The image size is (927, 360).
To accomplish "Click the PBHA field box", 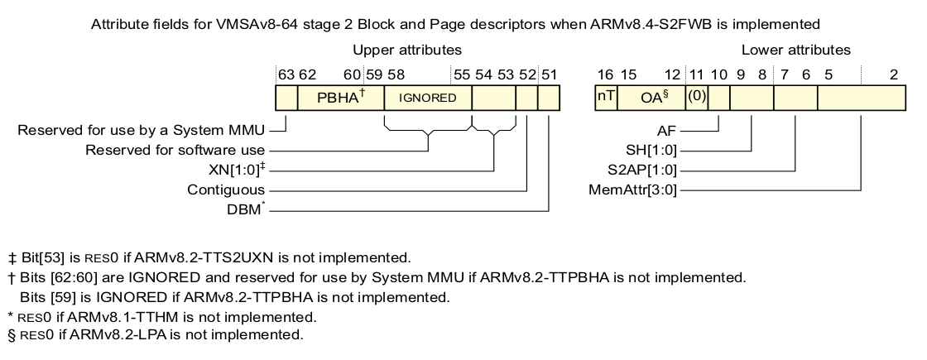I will coord(340,98).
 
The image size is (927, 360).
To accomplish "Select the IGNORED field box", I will coord(427,98).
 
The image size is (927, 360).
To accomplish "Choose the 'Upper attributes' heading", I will coord(407,50).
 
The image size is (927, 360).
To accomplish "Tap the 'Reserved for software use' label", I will coord(175,151).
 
